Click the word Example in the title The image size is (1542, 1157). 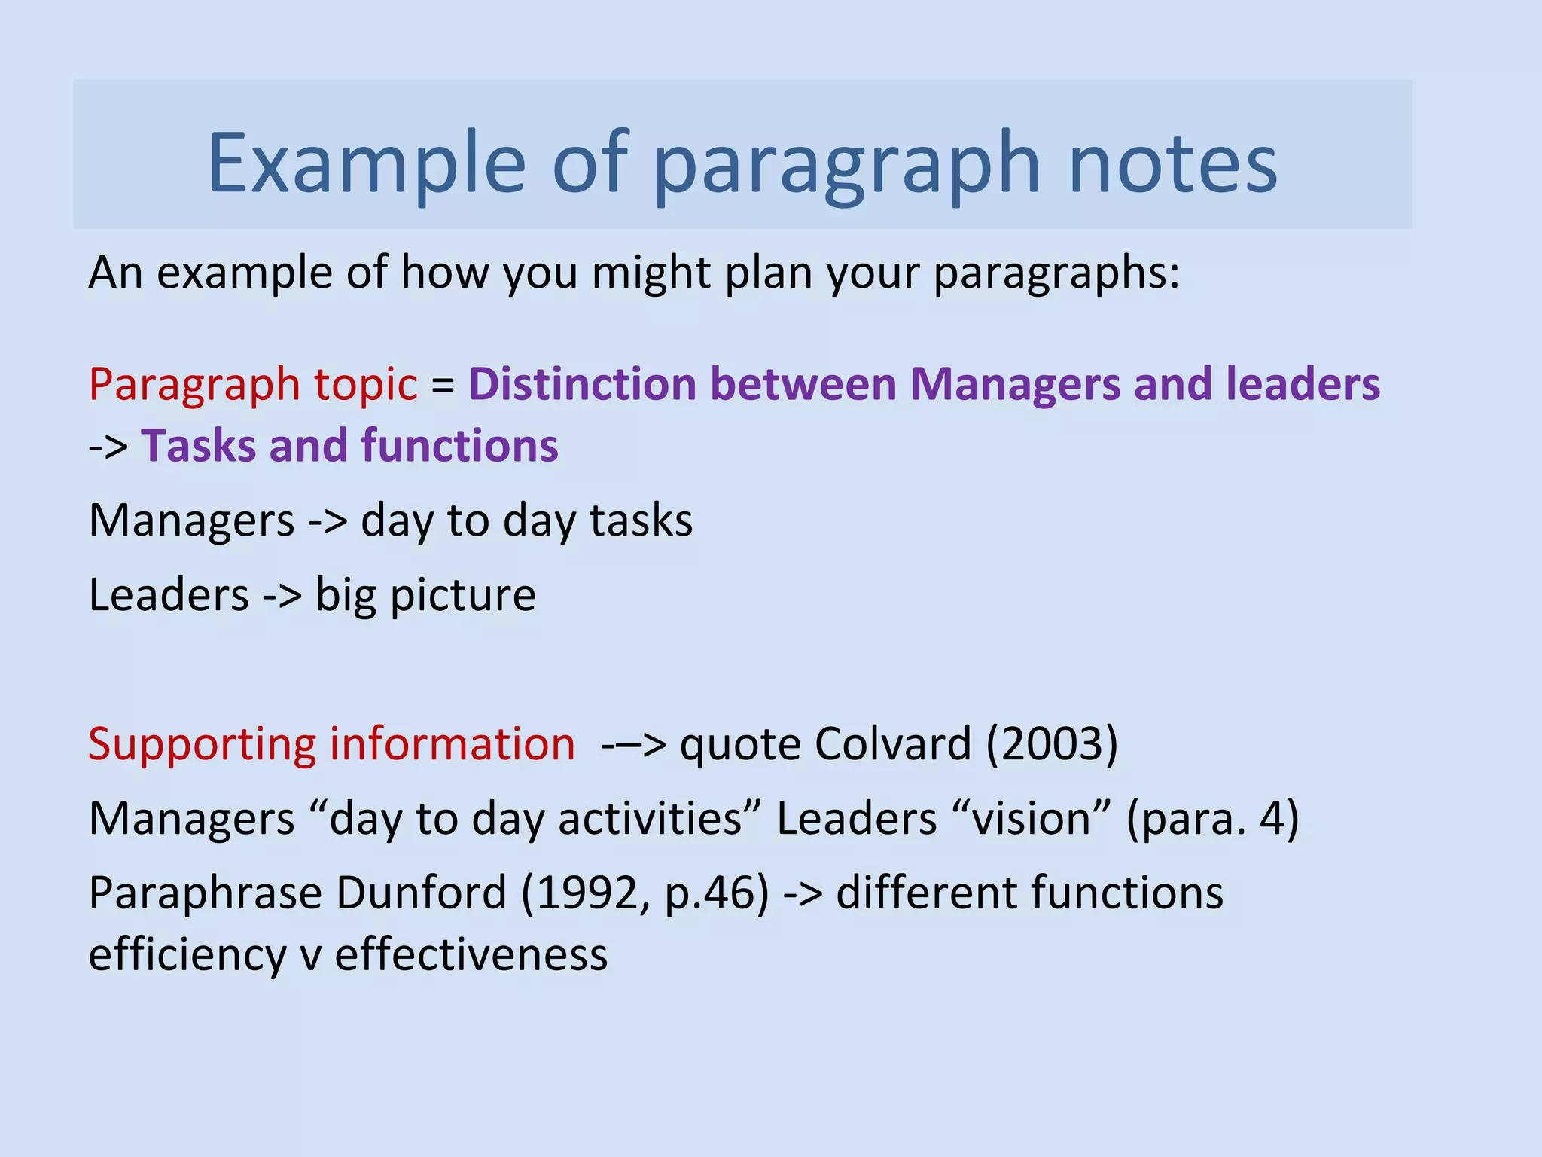pyautogui.click(x=366, y=163)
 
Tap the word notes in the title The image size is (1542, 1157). pyautogui.click(x=1172, y=163)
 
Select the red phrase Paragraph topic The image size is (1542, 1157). pyautogui.click(x=253, y=384)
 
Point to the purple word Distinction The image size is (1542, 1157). pyautogui.click(x=582, y=383)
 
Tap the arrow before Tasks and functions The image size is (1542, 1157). pyautogui.click(x=108, y=447)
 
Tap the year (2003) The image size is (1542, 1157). pyautogui.click(x=1052, y=744)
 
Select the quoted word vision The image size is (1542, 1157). pyautogui.click(x=1031, y=819)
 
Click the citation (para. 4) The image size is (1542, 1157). pyautogui.click(x=1212, y=819)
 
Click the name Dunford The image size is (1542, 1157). pyautogui.click(x=421, y=893)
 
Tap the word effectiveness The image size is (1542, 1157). pyautogui.click(x=471, y=954)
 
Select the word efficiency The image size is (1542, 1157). pyautogui.click(x=187, y=954)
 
